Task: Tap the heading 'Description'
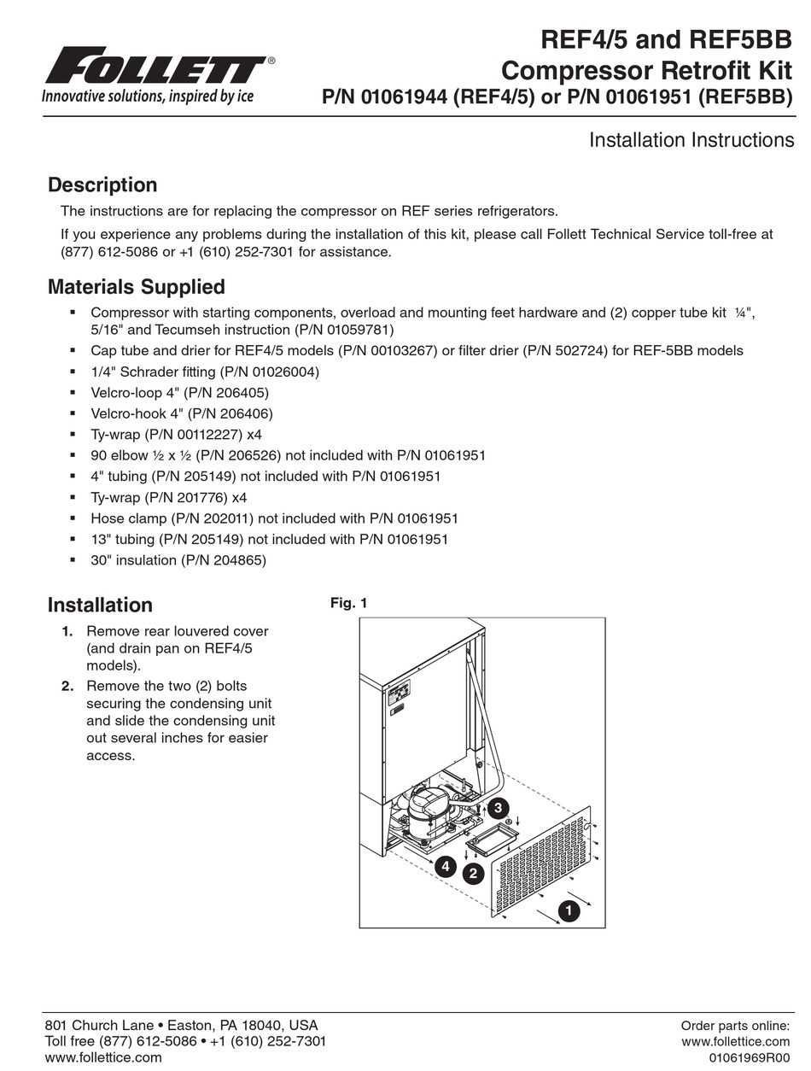point(102,185)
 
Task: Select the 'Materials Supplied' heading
point(137,287)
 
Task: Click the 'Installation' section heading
point(100,605)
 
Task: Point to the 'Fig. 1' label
point(348,603)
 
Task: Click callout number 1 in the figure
point(568,911)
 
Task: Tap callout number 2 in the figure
point(472,873)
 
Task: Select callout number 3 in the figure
point(499,808)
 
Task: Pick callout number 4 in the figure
point(444,867)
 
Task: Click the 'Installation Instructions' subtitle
point(691,140)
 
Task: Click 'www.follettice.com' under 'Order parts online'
point(735,1042)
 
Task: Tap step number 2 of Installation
point(67,686)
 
